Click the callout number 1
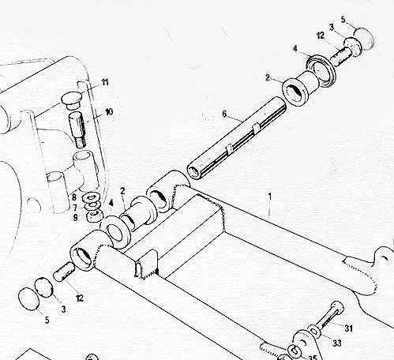tap(269, 197)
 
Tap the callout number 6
tap(224, 114)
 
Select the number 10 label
tap(109, 112)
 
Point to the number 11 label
tap(105, 82)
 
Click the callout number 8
tap(74, 197)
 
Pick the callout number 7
tap(75, 208)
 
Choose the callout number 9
tap(75, 218)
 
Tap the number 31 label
tap(348, 328)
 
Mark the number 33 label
tap(337, 343)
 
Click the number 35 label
tap(313, 358)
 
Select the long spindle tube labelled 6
tap(237, 138)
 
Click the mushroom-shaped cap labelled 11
tap(71, 100)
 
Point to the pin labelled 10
tap(78, 129)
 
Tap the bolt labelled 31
tap(330, 316)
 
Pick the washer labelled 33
tap(314, 331)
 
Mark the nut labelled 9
tap(94, 216)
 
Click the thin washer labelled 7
tap(92, 205)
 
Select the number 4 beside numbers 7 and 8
tap(111, 203)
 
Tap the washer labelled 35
tap(295, 350)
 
